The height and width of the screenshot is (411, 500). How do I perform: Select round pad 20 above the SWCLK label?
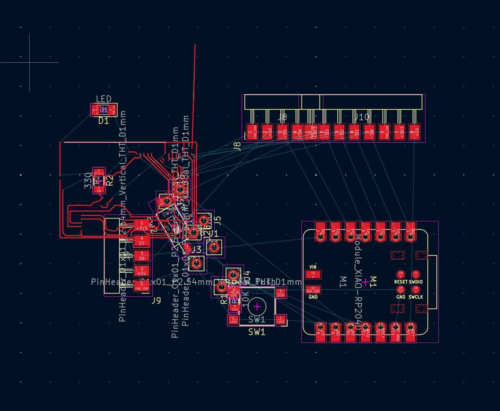click(416, 289)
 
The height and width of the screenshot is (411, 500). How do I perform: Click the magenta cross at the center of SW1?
click(257, 307)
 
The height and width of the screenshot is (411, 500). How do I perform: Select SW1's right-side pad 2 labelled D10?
click(281, 293)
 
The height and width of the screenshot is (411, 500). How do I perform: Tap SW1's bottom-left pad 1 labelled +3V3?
click(233, 319)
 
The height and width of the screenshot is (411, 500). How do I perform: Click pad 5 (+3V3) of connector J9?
click(142, 226)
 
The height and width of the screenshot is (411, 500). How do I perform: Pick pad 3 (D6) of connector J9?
click(142, 256)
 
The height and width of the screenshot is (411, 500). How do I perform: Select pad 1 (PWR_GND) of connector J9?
click(142, 286)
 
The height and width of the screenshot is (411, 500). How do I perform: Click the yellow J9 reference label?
click(156, 300)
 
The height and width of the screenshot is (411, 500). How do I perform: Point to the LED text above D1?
click(103, 99)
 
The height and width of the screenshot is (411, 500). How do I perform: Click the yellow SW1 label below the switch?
click(257, 332)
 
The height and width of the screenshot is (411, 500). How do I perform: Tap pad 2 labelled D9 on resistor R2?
click(99, 189)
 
